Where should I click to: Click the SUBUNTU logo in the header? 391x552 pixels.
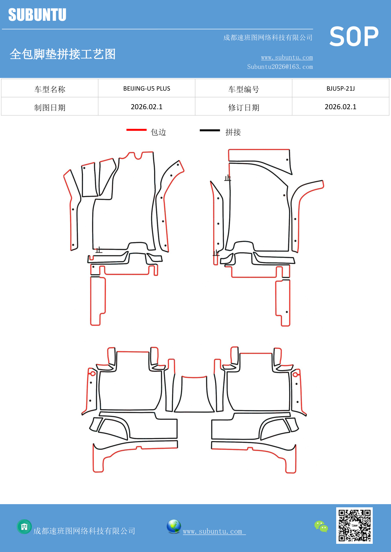click(37, 15)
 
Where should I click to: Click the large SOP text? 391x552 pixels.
click(354, 37)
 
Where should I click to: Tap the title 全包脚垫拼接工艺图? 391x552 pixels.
click(62, 54)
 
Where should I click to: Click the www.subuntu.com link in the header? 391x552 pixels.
click(287, 57)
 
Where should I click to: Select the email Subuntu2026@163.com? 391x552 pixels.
click(280, 67)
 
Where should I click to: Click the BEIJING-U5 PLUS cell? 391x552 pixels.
click(147, 88)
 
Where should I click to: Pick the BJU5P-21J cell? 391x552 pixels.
click(340, 88)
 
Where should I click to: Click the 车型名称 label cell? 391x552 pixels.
click(50, 89)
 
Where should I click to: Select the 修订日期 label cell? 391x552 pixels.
click(244, 108)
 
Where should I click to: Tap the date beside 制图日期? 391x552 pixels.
click(147, 107)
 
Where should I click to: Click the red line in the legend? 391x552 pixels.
click(136, 130)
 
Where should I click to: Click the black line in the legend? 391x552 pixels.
click(210, 130)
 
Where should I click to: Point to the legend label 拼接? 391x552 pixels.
click(233, 132)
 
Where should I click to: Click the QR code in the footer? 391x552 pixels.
click(354, 525)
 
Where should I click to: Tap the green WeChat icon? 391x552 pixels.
click(321, 526)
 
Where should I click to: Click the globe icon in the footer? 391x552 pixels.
click(174, 526)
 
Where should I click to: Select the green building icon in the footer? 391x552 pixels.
click(24, 527)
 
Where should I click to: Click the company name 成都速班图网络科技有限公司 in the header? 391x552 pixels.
click(267, 38)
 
